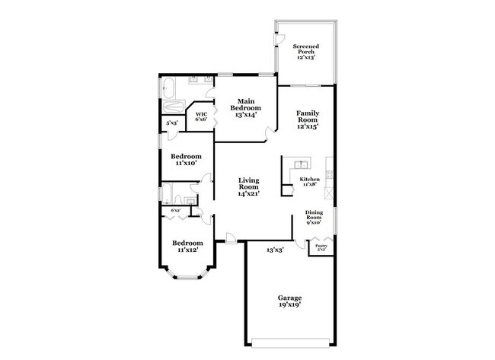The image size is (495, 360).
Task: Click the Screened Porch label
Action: (x=306, y=51)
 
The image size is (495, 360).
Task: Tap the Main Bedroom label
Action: (x=245, y=105)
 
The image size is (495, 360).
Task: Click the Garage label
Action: (x=289, y=301)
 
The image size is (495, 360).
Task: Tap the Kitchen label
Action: (x=309, y=180)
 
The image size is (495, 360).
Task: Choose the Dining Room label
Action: (x=314, y=217)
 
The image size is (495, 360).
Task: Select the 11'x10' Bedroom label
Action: (x=186, y=159)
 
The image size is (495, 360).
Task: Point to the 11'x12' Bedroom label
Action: (x=190, y=246)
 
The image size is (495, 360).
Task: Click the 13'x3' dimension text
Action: (x=275, y=250)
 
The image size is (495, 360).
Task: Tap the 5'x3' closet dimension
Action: (x=172, y=123)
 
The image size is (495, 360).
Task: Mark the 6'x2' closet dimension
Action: (x=176, y=210)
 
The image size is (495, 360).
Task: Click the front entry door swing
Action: (x=231, y=240)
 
